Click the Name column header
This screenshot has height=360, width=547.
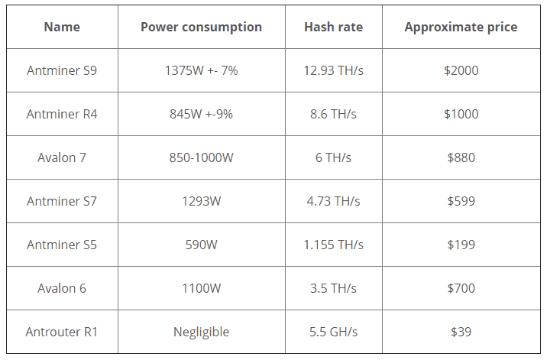62,28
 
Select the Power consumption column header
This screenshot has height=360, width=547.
201,28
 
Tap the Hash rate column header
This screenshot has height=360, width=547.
333,28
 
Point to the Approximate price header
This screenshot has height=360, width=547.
460,28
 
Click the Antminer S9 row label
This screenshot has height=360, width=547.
62,70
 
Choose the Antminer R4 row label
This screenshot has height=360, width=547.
62,114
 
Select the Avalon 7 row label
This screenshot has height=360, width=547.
62,157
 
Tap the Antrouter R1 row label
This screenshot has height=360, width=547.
62,332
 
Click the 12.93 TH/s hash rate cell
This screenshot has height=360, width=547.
333,70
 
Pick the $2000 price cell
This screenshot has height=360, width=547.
460,70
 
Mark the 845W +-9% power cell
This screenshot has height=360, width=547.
201,114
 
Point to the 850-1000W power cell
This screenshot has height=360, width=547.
201,157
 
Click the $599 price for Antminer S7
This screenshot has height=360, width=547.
460,201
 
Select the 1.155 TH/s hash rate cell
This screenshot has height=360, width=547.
333,245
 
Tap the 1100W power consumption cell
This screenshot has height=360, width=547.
201,288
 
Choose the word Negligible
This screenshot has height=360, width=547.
201,332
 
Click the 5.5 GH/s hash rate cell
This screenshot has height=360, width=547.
333,332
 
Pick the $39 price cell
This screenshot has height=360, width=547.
460,332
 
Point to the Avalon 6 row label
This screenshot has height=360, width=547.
62,288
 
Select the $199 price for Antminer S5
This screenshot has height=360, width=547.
460,245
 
